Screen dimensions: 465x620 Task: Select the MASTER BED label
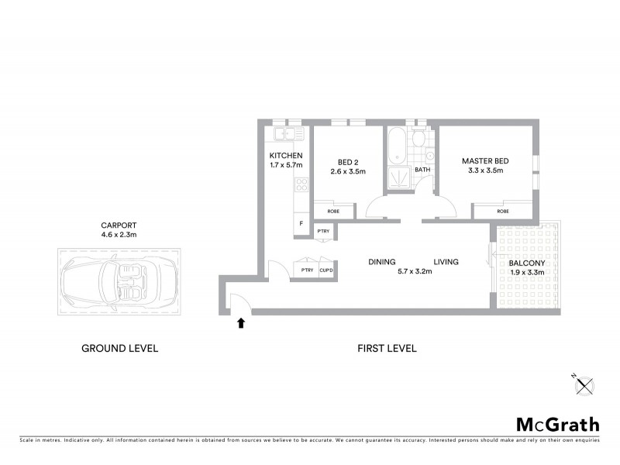pos(483,161)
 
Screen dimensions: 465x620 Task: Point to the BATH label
pos(422,170)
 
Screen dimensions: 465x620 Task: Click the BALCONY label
pos(527,263)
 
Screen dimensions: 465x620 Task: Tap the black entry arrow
pos(240,322)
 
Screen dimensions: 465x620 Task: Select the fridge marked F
pos(301,223)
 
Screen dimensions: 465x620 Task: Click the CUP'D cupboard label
pos(325,269)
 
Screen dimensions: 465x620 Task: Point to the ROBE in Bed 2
pos(332,210)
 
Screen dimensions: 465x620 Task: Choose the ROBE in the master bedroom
pos(503,210)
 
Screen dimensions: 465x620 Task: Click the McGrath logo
pos(557,424)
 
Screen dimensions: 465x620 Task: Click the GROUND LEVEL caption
pos(120,349)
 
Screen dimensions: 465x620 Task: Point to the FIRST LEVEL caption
pos(387,349)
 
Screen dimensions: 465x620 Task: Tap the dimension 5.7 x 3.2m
pos(415,271)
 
